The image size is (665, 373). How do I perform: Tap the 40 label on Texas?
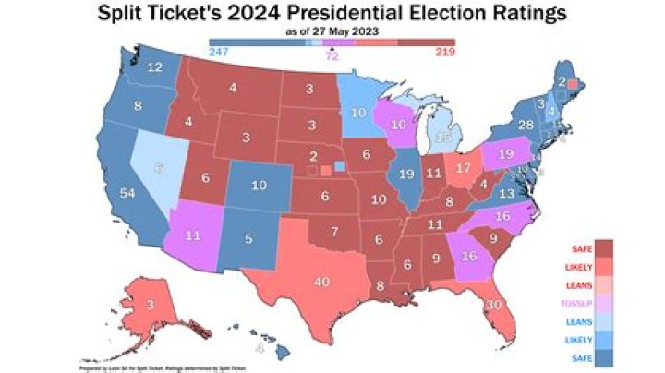tap(322, 283)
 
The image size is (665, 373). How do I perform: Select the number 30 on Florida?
tap(493, 306)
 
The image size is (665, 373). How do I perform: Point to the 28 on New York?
tap(526, 126)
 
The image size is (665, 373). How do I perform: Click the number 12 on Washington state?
tap(156, 67)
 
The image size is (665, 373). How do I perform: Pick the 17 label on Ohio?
tap(464, 170)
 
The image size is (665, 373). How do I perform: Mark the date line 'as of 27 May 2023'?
tap(332, 32)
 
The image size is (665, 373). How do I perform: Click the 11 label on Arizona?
tap(192, 236)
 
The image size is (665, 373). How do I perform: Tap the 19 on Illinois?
tap(406, 174)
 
